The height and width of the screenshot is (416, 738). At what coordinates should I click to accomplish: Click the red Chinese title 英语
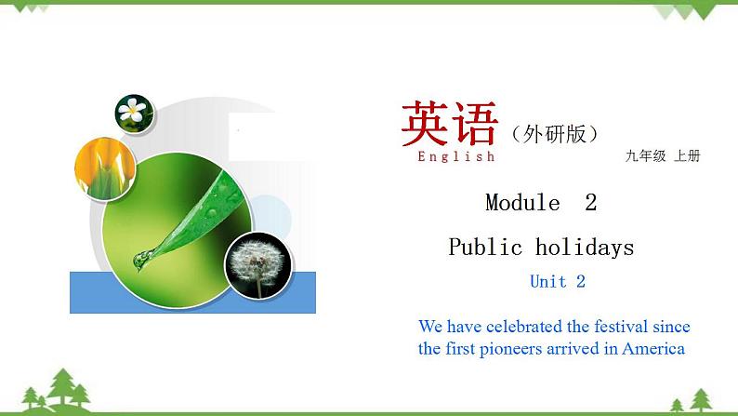(449, 124)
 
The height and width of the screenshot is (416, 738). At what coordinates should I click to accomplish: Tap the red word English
(455, 156)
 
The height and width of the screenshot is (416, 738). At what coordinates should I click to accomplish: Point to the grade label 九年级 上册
(662, 156)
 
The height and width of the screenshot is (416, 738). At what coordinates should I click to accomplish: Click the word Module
(522, 203)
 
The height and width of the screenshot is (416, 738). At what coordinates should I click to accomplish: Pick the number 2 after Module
(590, 203)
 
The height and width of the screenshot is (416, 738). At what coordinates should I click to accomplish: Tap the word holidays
(585, 248)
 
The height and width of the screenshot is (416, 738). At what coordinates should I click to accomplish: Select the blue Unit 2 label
(558, 281)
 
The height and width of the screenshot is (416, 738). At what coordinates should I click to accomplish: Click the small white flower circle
(134, 113)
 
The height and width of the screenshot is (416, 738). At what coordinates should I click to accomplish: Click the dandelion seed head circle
(258, 264)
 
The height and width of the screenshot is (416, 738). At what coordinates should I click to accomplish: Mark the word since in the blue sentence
(670, 327)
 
